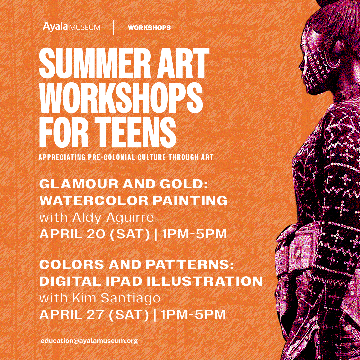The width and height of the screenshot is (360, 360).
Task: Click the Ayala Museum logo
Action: coord(71,27)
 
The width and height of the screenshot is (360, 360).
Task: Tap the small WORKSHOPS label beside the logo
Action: coord(149,28)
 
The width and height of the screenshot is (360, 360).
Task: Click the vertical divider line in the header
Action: coord(114,28)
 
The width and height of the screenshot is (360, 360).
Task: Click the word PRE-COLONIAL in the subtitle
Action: coord(111,157)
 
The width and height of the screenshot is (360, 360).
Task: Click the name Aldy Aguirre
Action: coord(113,218)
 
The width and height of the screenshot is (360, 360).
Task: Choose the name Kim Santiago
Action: coord(116,298)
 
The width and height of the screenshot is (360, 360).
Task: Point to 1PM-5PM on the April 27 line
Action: coord(193,315)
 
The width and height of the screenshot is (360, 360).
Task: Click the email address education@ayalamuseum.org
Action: coord(89,341)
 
